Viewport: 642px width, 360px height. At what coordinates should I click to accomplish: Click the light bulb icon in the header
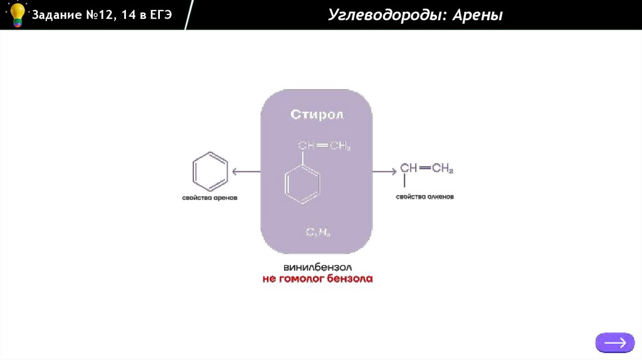(16, 14)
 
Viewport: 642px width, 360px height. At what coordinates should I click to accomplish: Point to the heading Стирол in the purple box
(317, 115)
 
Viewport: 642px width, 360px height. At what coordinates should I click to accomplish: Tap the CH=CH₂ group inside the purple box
(324, 147)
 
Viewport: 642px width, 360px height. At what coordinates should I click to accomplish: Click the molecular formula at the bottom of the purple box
(318, 233)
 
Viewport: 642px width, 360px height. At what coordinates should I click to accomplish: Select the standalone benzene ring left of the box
(210, 171)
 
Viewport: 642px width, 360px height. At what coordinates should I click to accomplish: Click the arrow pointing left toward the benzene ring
(246, 171)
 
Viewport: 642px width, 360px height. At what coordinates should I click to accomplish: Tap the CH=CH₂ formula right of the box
(426, 168)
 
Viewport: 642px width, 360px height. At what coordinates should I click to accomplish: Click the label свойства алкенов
(425, 197)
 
